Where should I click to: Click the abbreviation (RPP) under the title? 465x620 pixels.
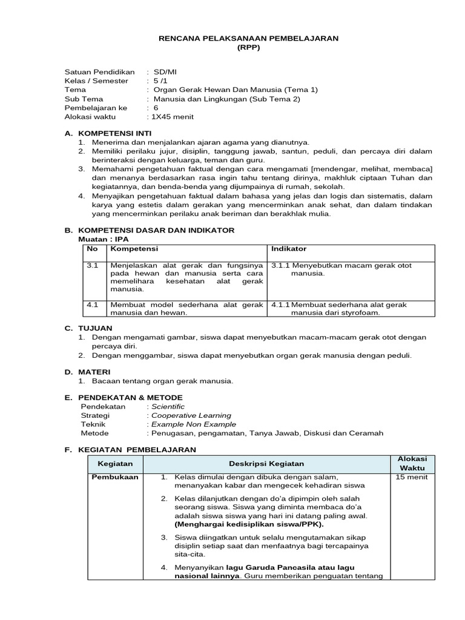pyautogui.click(x=249, y=48)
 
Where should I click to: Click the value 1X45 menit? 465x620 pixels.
pyautogui.click(x=167, y=117)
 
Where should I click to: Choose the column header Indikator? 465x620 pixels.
pyautogui.click(x=289, y=249)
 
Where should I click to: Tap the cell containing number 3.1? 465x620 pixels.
pyautogui.click(x=92, y=266)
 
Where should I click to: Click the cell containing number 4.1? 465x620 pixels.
pyautogui.click(x=92, y=305)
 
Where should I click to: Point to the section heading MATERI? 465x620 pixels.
pyautogui.click(x=93, y=371)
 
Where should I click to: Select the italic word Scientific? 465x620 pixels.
pyautogui.click(x=168, y=406)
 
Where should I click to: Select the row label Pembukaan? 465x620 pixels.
pyautogui.click(x=114, y=477)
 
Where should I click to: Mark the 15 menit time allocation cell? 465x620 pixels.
pyautogui.click(x=412, y=477)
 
